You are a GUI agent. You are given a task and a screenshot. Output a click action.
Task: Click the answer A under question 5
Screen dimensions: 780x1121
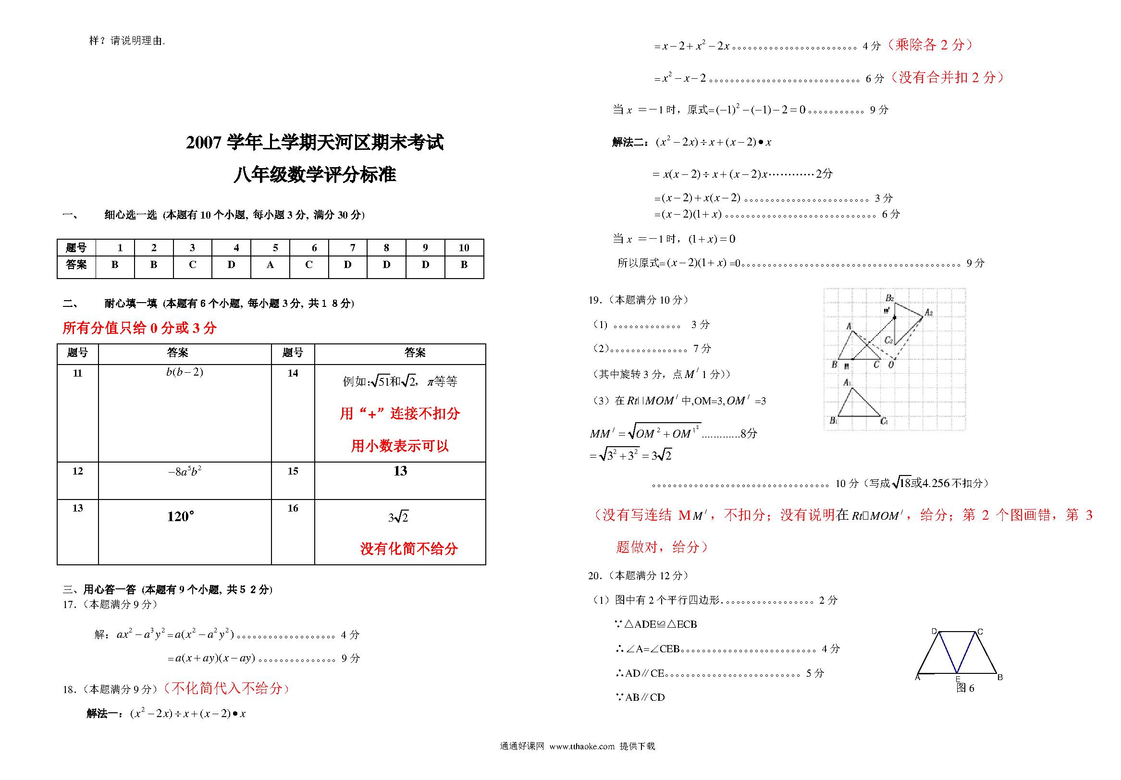tap(270, 265)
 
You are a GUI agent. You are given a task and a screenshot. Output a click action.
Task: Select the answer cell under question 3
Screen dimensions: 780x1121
tap(192, 265)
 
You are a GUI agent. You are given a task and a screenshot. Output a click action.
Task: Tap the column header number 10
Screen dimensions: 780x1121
tap(464, 248)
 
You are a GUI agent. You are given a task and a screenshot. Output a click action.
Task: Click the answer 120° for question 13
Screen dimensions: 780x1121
tap(181, 516)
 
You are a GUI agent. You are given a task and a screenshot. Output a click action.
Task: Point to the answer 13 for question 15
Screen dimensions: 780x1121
tap(400, 471)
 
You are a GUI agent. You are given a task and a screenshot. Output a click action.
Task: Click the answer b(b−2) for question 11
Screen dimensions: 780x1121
tap(185, 372)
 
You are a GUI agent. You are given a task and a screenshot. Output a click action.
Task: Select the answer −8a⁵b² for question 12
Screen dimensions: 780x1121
tap(185, 472)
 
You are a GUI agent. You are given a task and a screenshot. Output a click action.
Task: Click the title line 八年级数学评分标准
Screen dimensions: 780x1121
tap(315, 175)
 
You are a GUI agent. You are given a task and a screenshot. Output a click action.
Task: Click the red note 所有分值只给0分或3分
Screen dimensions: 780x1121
tap(139, 328)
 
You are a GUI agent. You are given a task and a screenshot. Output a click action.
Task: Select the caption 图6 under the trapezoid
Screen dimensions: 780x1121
tap(965, 688)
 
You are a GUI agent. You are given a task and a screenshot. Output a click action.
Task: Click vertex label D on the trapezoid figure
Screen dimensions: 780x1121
tap(934, 632)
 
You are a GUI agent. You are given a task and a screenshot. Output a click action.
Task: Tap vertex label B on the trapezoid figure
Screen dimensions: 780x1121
tap(1000, 678)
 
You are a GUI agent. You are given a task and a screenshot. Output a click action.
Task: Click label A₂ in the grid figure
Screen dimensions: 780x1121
tap(929, 312)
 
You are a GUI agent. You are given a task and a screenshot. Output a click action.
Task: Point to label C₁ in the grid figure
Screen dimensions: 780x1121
tap(884, 421)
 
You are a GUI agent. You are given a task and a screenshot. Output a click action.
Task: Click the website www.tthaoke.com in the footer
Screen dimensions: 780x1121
tap(581, 746)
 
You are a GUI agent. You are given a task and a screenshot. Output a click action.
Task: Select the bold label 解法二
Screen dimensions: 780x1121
tap(630, 143)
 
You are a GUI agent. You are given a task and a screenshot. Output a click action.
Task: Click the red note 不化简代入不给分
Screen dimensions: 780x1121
tap(227, 689)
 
